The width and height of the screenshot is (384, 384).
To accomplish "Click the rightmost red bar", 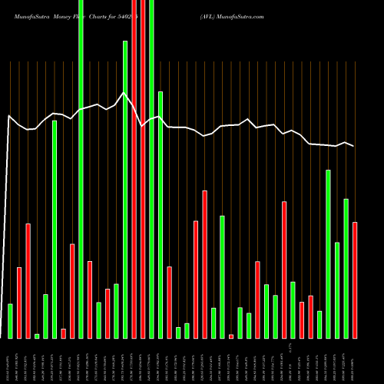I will [355, 280].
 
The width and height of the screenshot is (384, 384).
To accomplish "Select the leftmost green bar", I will [10, 321].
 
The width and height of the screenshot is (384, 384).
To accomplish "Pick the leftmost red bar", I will [19, 303].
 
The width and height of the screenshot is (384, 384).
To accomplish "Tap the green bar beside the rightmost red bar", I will [346, 268].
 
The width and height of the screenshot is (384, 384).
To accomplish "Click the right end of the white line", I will [353, 146].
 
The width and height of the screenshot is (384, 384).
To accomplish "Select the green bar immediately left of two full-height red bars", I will [125, 189].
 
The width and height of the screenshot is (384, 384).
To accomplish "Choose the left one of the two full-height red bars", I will [134, 169].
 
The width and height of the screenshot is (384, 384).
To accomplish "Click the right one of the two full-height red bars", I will [143, 169].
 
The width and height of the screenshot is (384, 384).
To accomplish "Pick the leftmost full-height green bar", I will [81, 169].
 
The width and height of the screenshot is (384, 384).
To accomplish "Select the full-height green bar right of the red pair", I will [151, 169].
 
